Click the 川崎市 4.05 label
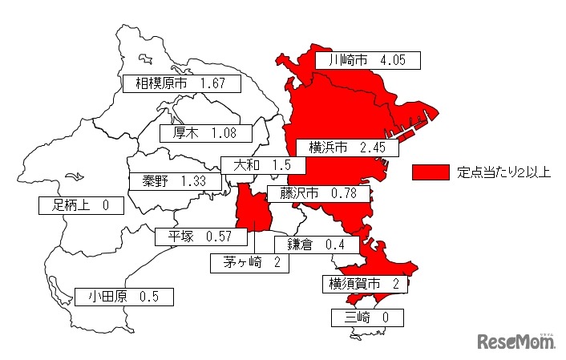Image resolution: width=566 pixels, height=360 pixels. [367, 59]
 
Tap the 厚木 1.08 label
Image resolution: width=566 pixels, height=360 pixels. [206, 132]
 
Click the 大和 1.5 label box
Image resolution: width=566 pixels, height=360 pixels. [262, 165]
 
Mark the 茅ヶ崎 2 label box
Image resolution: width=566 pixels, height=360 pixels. [249, 261]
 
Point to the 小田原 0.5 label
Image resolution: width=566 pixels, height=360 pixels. [123, 297]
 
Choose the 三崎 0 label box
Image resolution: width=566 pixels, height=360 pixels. [367, 318]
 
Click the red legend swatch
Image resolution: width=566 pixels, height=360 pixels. [430, 172]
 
